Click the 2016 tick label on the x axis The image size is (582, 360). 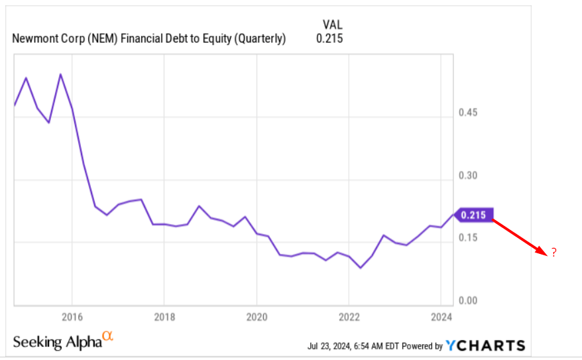pyautogui.click(x=72, y=316)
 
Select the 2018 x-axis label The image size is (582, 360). pyautogui.click(x=164, y=316)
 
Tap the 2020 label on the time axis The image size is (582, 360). pyautogui.click(x=257, y=316)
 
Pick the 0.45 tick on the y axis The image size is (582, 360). pyautogui.click(x=468, y=113)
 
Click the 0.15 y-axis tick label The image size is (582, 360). pyautogui.click(x=468, y=238)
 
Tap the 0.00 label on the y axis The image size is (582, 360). pyautogui.click(x=468, y=301)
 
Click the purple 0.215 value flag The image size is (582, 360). pyautogui.click(x=475, y=215)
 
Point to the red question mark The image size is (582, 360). pyautogui.click(x=553, y=253)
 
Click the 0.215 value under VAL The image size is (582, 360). pyautogui.click(x=329, y=38)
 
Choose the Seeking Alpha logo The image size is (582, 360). pyautogui.click(x=63, y=341)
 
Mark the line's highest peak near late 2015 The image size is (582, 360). pyautogui.click(x=60, y=74)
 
